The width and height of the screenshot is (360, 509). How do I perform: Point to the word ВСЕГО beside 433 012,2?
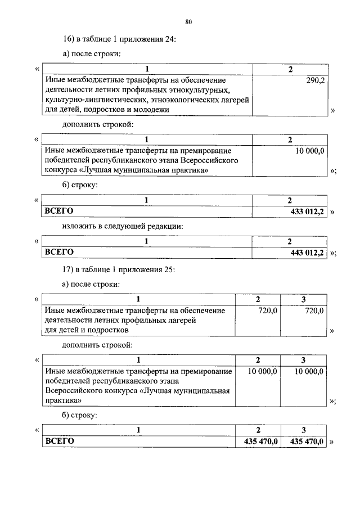click(59, 211)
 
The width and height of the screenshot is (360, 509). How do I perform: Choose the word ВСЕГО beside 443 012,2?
click(59, 253)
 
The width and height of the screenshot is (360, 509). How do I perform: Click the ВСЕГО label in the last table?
click(59, 442)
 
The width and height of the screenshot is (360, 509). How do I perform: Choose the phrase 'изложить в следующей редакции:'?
click(123, 227)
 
